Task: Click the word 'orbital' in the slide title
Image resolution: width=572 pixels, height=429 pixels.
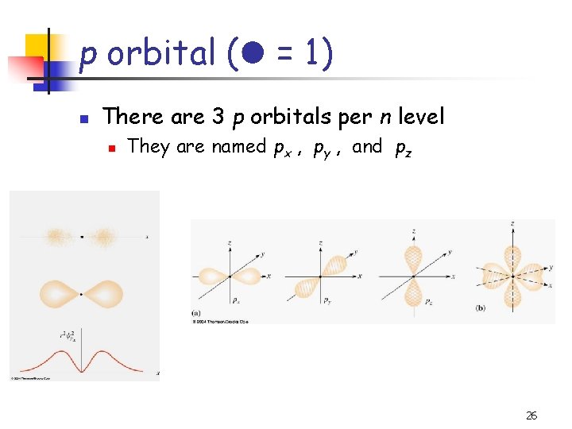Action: point(161,55)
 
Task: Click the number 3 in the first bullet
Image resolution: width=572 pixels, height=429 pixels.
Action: point(218,118)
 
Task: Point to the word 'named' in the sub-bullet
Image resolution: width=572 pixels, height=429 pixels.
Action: point(238,147)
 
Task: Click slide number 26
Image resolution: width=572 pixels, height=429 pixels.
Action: point(531,415)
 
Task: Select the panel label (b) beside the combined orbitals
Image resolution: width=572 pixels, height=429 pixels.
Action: point(480,307)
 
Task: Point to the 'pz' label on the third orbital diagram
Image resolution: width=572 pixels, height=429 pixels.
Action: point(427,302)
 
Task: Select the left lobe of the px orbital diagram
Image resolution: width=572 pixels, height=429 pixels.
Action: point(213,276)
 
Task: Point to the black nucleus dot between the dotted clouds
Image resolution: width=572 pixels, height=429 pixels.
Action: point(82,236)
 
